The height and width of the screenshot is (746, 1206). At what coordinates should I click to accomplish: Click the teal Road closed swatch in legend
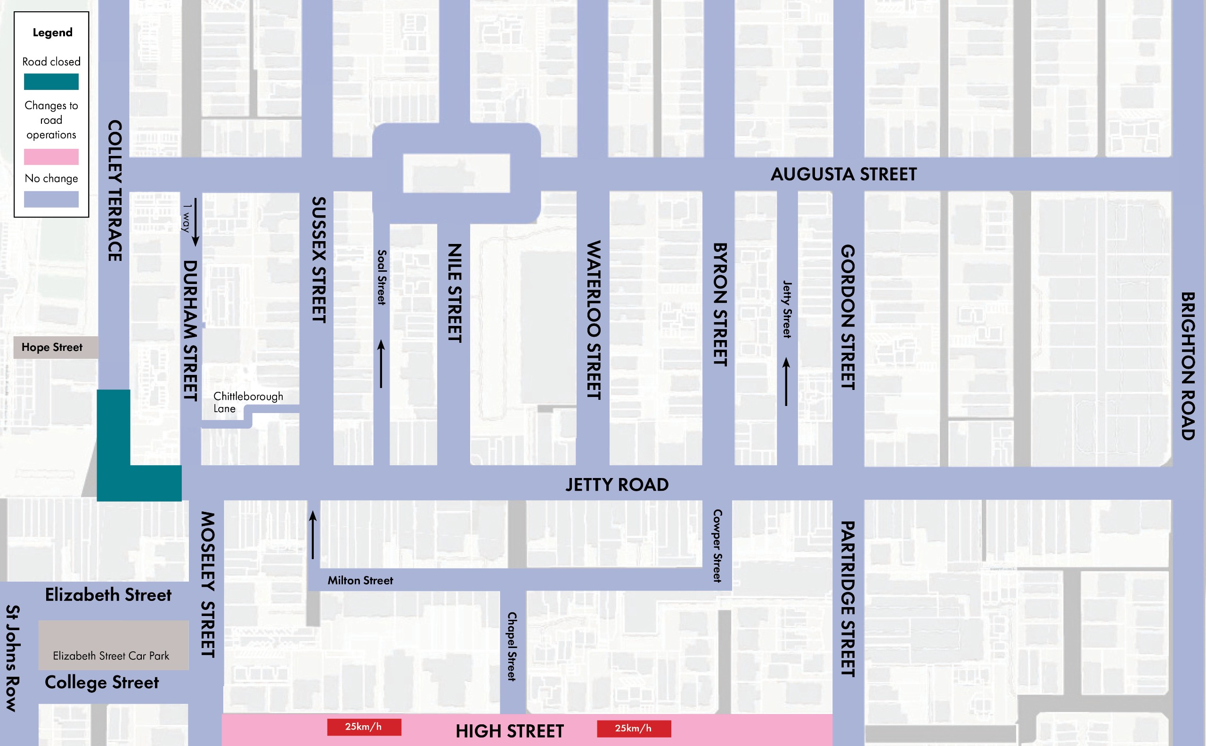click(51, 81)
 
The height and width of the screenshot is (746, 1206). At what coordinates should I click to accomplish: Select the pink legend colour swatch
click(51, 156)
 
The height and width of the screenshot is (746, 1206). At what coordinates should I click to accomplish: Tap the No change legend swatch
click(51, 199)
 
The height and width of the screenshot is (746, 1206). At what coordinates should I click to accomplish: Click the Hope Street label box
click(52, 348)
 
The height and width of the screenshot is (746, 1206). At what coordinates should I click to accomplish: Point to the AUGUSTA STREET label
click(843, 174)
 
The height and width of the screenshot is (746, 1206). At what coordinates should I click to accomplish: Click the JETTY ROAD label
click(617, 485)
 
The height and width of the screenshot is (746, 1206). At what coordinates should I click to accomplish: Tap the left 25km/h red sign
click(364, 727)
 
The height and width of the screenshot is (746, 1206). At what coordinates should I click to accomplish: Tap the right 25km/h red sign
click(634, 728)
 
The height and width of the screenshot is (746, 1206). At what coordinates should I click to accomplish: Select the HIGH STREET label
click(510, 731)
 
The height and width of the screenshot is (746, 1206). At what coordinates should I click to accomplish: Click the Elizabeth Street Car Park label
click(111, 656)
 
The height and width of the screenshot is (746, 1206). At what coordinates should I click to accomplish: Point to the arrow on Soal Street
click(381, 364)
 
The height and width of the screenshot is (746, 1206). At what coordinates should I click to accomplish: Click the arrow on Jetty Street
click(787, 382)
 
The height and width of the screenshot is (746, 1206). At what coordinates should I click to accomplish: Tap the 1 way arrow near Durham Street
click(196, 222)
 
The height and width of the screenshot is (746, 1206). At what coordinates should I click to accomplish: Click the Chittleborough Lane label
click(248, 402)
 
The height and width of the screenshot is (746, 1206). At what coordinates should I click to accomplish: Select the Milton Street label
click(360, 581)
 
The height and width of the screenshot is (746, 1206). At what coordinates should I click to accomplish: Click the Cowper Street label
click(717, 546)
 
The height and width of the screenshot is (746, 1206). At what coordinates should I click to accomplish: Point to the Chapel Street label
click(512, 646)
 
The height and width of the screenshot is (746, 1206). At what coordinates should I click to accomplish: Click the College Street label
click(102, 682)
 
